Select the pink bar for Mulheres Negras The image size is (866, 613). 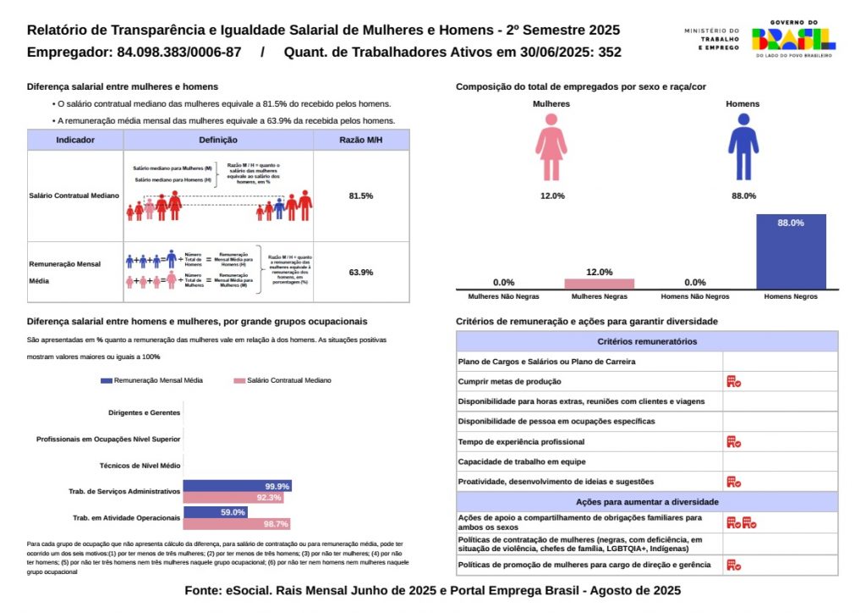599,284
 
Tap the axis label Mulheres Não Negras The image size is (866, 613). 504,297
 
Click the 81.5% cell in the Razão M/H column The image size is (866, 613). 361,196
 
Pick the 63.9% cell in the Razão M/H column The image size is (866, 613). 361,272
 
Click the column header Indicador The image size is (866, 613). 75,140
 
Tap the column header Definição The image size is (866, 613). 218,140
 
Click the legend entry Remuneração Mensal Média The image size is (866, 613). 151,381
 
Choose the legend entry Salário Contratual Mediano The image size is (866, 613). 282,381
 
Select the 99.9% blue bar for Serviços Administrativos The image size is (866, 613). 238,486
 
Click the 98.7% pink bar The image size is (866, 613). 237,524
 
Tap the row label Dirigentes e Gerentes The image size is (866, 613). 145,413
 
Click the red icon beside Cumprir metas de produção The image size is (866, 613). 733,382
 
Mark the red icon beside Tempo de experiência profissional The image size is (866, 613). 733,441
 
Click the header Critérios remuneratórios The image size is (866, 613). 647,341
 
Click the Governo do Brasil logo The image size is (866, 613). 792,39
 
